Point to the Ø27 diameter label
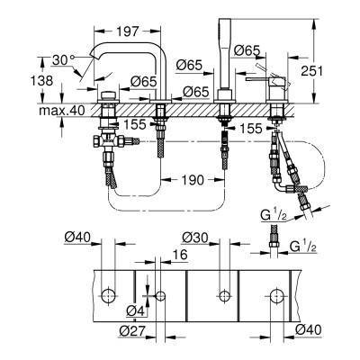pyautogui.click(x=131, y=331)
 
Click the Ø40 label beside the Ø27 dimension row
pyautogui.click(x=310, y=331)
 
